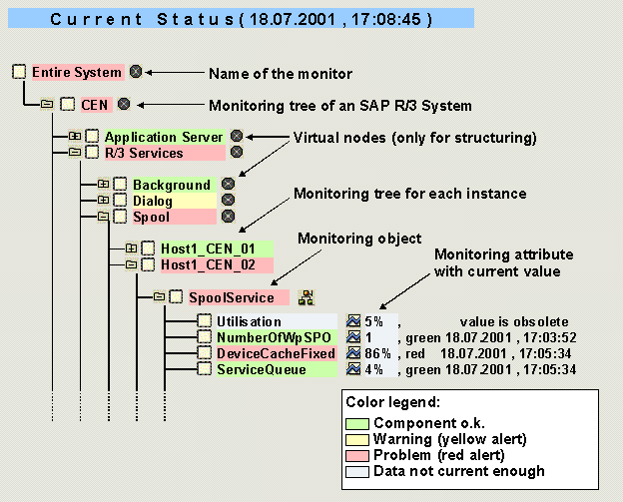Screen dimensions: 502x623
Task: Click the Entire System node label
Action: coord(77,73)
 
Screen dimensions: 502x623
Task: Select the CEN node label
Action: coord(96,103)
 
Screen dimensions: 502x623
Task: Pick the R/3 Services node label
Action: coord(144,153)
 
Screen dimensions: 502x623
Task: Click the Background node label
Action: coord(172,185)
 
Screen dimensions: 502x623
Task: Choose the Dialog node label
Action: coord(153,201)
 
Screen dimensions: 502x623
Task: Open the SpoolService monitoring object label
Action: coord(231,297)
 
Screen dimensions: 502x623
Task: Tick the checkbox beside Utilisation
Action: coord(204,321)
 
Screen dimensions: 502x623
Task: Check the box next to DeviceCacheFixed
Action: coord(204,353)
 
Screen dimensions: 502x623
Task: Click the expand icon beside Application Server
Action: coord(74,137)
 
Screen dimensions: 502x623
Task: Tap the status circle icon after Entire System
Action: coord(136,72)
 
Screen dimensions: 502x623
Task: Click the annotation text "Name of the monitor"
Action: coord(280,74)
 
